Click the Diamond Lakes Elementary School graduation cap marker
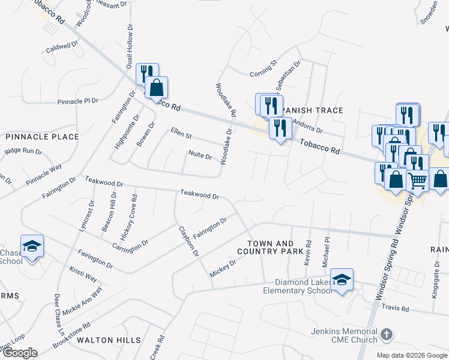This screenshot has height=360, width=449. [342, 280]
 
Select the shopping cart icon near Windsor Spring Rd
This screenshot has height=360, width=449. [418, 179]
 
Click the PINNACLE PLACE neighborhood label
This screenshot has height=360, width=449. [42, 137]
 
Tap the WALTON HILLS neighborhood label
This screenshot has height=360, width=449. [109, 340]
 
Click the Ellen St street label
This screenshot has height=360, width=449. [181, 131]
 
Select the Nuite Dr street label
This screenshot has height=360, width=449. [200, 156]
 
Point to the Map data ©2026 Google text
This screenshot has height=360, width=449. [412, 355]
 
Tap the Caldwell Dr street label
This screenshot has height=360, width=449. [62, 46]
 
